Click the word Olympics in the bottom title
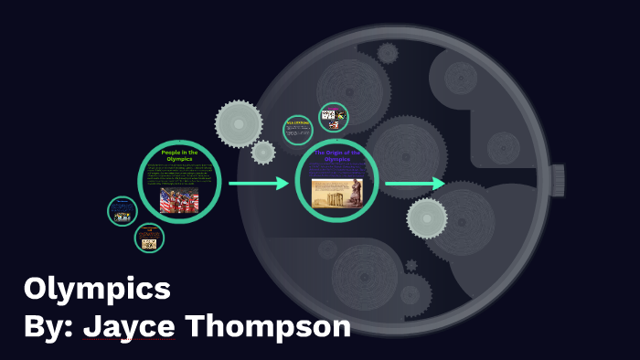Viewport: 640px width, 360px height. click(97, 290)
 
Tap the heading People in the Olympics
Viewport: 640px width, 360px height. click(180, 154)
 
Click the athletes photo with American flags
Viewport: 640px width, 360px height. click(179, 200)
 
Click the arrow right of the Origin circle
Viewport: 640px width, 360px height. click(415, 185)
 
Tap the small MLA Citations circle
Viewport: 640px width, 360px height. click(298, 130)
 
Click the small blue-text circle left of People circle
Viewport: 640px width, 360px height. click(123, 211)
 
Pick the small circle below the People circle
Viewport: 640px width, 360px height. click(149, 238)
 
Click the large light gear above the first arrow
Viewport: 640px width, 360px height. click(239, 123)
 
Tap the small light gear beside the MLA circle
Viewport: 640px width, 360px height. click(263, 153)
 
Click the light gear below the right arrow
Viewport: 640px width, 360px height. click(427, 217)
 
